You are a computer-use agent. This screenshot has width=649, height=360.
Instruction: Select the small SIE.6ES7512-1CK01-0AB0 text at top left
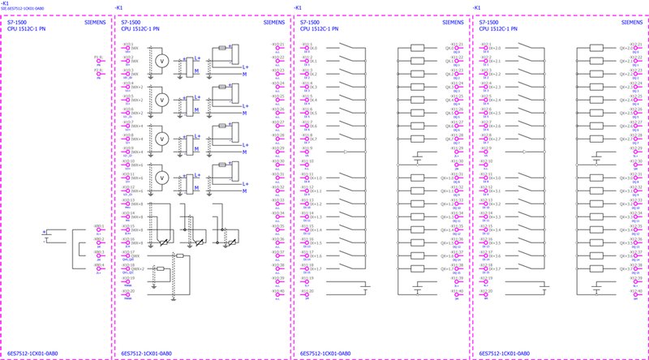pos(22,10)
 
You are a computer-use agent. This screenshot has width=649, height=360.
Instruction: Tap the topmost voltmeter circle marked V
pos(161,61)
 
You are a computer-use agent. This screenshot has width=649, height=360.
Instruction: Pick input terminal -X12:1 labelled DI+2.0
pos(486,48)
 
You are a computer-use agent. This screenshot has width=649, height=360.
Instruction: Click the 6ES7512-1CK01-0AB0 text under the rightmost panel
pos(505,354)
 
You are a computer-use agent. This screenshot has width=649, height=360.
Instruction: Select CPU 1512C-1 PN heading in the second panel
pos(140,29)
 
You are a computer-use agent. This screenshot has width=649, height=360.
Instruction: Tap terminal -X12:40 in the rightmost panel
pos(638,294)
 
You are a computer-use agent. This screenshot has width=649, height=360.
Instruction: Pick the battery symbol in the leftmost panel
pos(45,236)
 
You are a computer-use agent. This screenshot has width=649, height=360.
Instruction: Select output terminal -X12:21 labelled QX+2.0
pos(638,48)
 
